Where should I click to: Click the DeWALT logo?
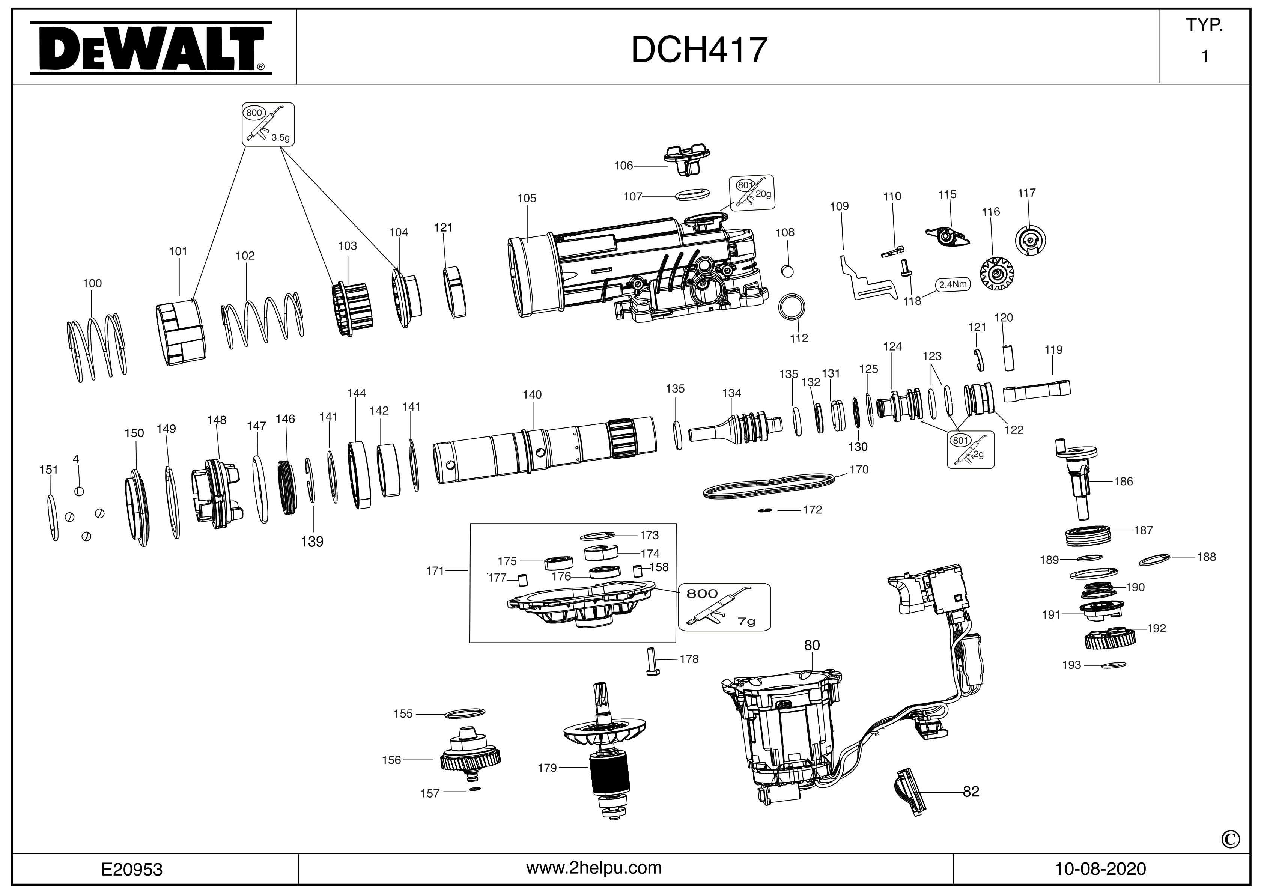point(150,48)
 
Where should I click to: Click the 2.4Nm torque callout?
point(953,284)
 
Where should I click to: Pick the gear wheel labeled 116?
point(996,274)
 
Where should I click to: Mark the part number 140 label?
point(532,395)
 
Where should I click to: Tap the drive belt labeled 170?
point(770,485)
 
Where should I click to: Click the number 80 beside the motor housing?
point(812,645)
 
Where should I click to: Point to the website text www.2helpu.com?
point(594,868)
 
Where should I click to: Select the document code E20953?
point(132,869)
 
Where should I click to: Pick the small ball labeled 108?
point(787,271)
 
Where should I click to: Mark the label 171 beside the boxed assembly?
point(435,571)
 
